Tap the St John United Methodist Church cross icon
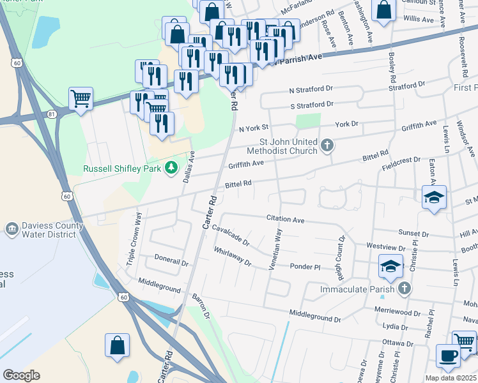[327, 146]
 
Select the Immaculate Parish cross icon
[403, 289]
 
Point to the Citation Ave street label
[285, 219]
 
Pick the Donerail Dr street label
[172, 262]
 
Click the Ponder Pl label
[304, 266]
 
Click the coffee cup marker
[448, 355]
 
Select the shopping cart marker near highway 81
[81, 98]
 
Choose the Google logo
[21, 375]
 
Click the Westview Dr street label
[386, 247]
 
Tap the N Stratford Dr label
[311, 91]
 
